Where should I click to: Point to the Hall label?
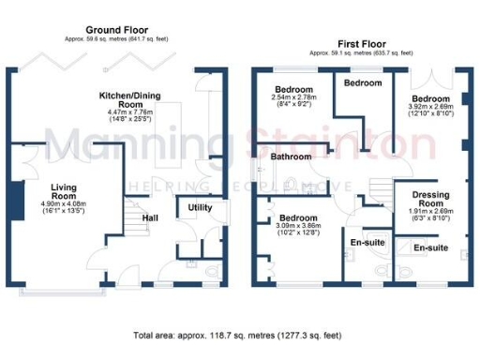(x=149, y=218)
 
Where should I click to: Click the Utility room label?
(x=200, y=207)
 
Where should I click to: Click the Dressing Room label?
(x=431, y=199)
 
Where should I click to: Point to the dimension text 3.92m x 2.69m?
(x=431, y=107)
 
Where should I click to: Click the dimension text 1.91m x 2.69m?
(x=431, y=212)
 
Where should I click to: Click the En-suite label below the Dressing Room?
(x=430, y=248)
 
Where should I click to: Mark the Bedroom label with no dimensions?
(x=362, y=83)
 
